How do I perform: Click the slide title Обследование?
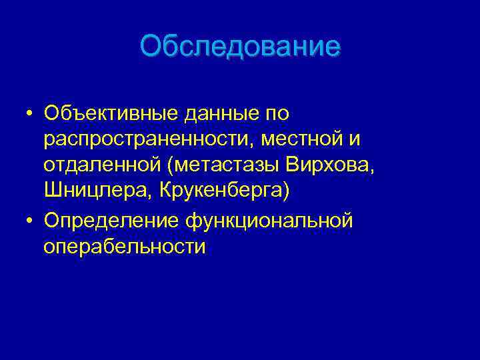[240, 47]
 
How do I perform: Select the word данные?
[219, 114]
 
